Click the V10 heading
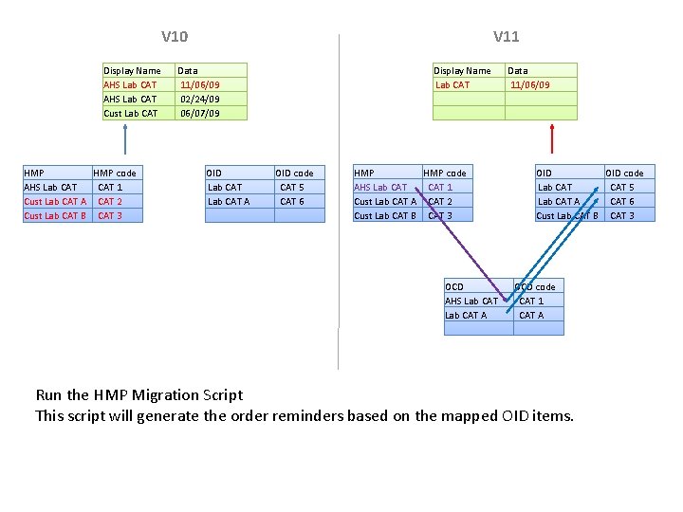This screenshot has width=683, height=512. tap(175, 37)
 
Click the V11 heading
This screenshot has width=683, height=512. tap(506, 37)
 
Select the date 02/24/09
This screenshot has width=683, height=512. tap(199, 99)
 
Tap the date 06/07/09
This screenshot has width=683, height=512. tap(199, 113)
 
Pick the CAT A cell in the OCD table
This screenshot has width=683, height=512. tap(531, 315)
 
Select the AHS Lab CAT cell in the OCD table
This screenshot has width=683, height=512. tap(471, 301)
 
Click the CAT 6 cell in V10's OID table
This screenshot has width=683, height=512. tap(292, 201)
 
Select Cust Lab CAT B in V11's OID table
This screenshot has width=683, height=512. tap(566, 215)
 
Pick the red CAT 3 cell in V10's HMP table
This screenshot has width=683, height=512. tap(110, 215)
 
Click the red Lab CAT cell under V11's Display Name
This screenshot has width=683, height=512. tap(452, 84)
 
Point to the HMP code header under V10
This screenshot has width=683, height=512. tap(115, 173)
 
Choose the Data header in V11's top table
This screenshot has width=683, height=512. tap(518, 70)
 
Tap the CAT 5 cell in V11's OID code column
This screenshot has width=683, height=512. tap(622, 187)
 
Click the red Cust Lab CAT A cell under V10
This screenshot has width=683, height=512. tap(55, 201)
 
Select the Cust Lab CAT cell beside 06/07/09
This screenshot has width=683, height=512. tap(131, 113)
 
